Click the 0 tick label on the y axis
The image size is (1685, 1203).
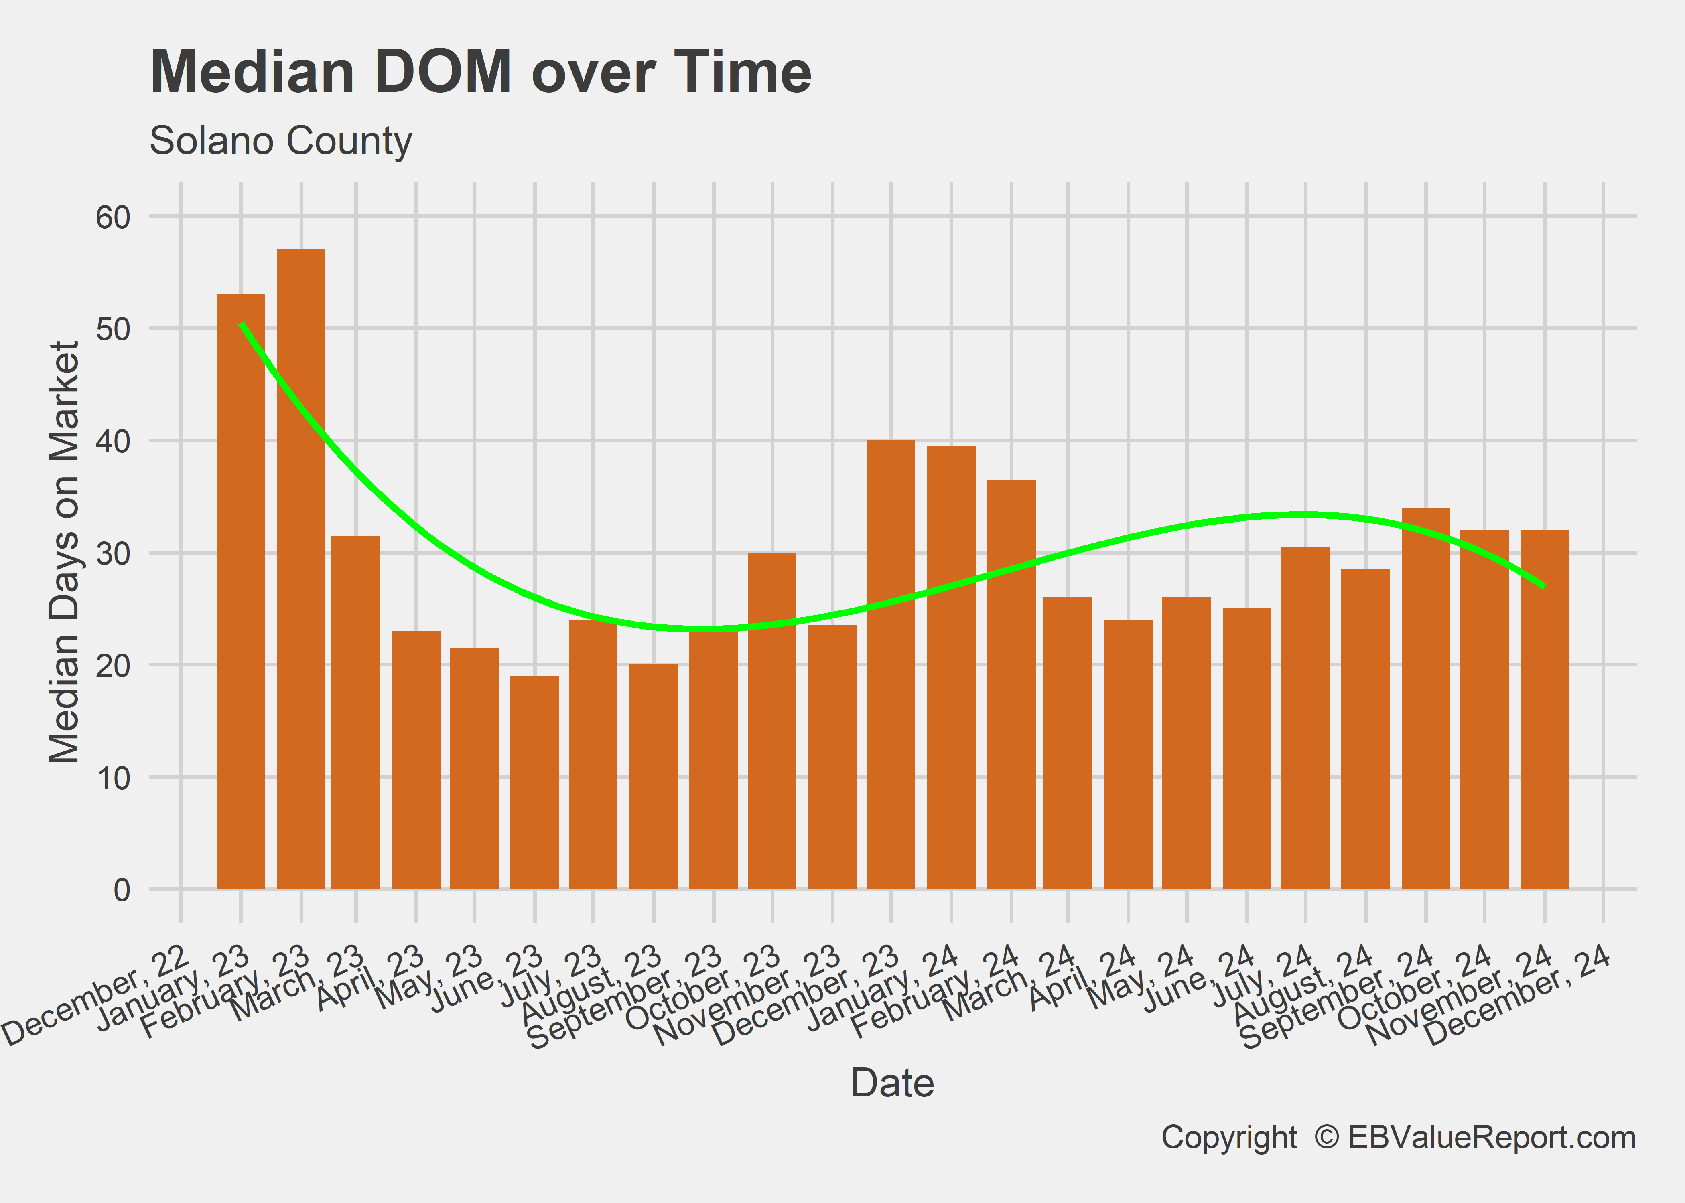click(x=122, y=890)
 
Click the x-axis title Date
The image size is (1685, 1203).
click(x=892, y=1083)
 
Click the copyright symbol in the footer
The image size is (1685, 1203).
click(x=1326, y=1138)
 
